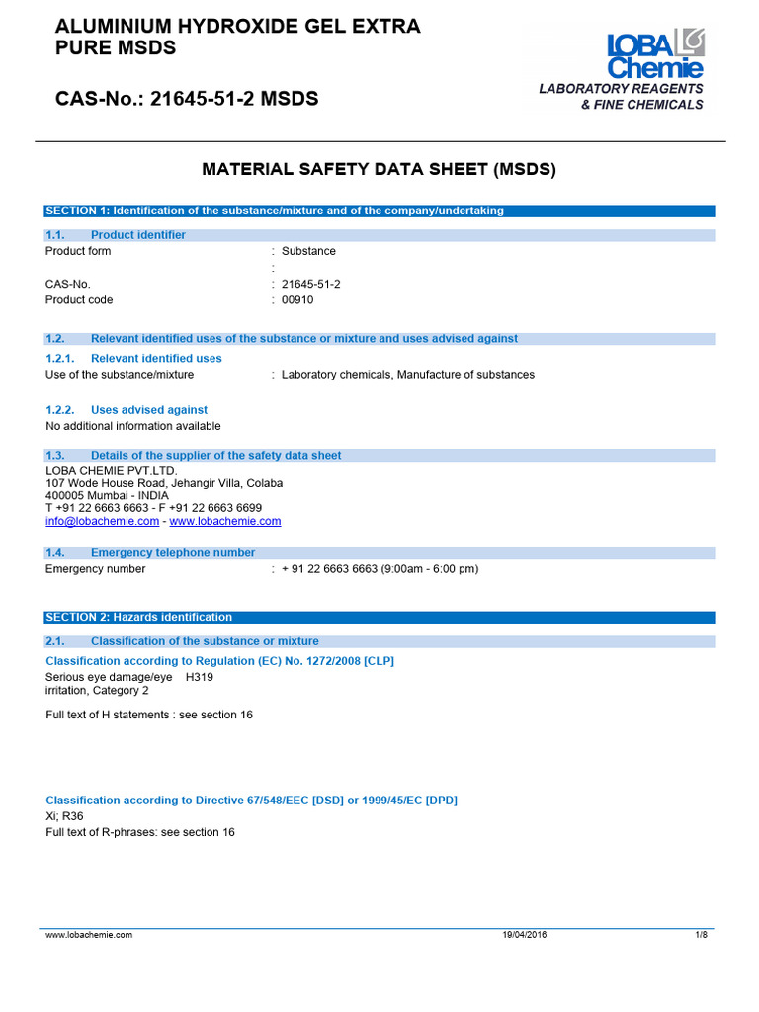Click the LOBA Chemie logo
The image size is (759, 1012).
click(x=655, y=54)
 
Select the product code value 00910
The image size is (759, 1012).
click(x=297, y=300)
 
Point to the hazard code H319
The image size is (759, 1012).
click(x=200, y=678)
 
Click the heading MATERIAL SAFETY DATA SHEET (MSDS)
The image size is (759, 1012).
click(x=379, y=170)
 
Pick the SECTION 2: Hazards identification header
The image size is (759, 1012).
click(x=139, y=617)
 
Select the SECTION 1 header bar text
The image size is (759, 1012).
click(x=275, y=211)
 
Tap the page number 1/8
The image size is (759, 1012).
click(x=702, y=934)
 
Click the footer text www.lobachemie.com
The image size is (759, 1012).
click(x=89, y=934)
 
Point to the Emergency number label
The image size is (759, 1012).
click(x=96, y=569)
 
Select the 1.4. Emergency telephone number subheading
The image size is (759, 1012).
click(x=151, y=553)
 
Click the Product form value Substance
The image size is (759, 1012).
click(x=308, y=251)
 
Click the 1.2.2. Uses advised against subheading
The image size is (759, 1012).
click(x=127, y=410)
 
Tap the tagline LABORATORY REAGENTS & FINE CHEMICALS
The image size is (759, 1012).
click(x=622, y=97)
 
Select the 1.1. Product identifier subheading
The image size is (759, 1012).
click(x=117, y=235)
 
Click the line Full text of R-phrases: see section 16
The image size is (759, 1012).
click(x=140, y=832)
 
